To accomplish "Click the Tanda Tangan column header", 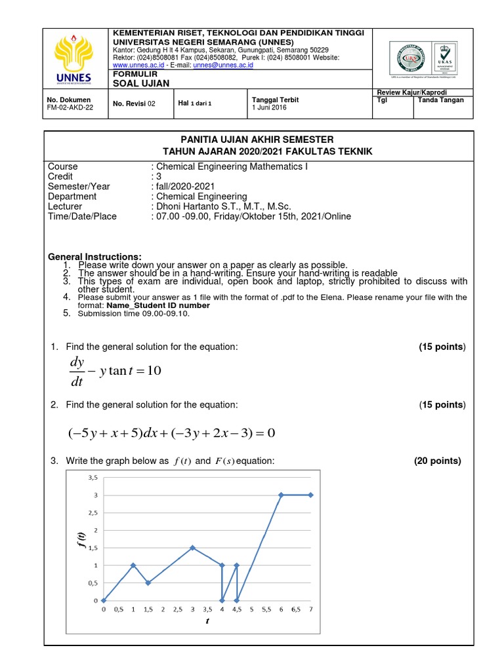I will click(x=440, y=100).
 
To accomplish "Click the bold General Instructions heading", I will click(x=95, y=256).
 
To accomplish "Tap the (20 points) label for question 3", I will click(x=437, y=461).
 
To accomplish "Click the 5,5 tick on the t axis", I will click(x=266, y=609).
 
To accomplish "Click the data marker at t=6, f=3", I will click(x=281, y=495).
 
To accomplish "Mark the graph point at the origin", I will click(x=104, y=600).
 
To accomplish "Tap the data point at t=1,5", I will click(x=148, y=583).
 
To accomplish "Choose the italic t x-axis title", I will click(x=207, y=621).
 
